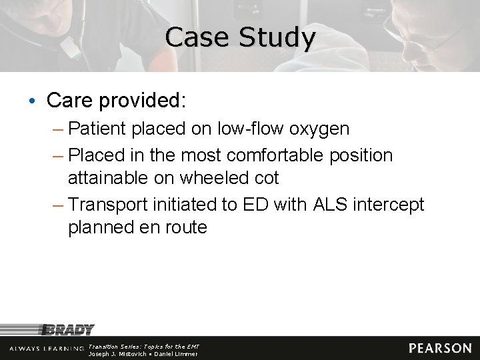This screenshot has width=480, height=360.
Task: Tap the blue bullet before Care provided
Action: coord(33,101)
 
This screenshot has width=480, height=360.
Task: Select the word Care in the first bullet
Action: coord(69,101)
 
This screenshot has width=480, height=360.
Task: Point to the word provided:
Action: coord(141,101)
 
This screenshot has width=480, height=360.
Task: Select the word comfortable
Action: coord(275,155)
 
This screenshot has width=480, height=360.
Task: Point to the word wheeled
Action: coord(216,178)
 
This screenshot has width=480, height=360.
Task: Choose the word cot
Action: coord(265,178)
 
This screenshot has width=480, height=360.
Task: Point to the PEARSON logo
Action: coord(440,348)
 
